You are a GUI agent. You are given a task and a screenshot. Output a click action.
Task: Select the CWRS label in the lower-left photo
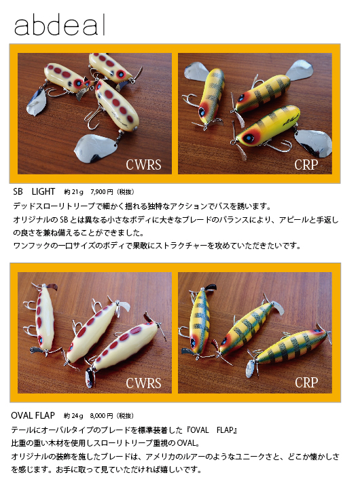tap(143, 383)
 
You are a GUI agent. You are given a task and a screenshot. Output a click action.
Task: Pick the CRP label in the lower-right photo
tap(306, 383)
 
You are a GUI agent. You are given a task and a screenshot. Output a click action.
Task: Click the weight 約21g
tap(71, 193)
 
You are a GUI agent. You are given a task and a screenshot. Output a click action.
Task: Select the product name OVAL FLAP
tap(33, 415)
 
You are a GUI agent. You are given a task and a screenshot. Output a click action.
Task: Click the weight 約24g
tap(73, 415)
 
